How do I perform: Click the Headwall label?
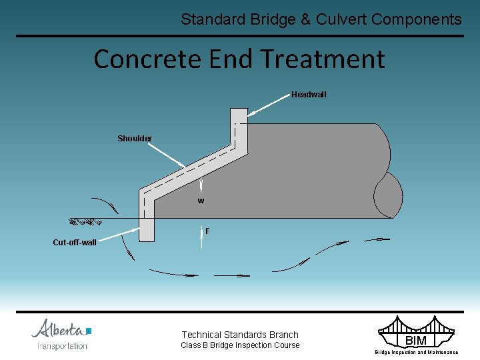[x=309, y=95]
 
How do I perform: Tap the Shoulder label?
[x=135, y=139]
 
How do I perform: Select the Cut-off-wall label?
[x=75, y=243]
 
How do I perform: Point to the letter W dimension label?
[x=201, y=201]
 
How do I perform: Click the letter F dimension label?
[x=207, y=231]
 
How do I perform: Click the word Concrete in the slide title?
[x=148, y=59]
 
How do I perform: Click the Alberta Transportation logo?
[x=62, y=334]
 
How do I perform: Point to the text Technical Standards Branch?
[x=240, y=335]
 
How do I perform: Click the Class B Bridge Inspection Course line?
[x=240, y=345]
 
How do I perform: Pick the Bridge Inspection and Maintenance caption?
[x=416, y=352]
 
